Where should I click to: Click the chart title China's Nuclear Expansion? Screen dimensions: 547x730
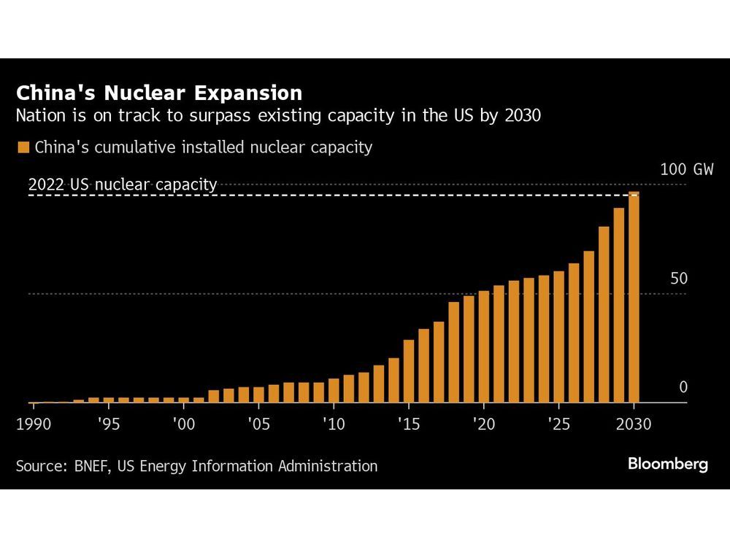[x=159, y=93]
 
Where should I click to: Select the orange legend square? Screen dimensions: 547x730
[x=23, y=147]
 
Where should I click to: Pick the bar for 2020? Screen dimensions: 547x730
[x=483, y=346]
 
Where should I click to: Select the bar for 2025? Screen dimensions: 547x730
[x=558, y=336]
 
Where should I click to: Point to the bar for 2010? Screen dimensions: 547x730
[x=334, y=390]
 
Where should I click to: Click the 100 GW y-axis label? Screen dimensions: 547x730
[x=686, y=170]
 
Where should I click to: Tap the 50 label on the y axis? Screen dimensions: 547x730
[x=680, y=279]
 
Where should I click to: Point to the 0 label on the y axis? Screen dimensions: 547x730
[x=683, y=387]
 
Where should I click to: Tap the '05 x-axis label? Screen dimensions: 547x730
[x=258, y=424]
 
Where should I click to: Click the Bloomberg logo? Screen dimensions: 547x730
[x=667, y=464]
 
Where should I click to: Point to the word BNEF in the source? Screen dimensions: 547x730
[x=91, y=466]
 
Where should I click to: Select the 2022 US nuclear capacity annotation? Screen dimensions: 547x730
[x=123, y=185]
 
